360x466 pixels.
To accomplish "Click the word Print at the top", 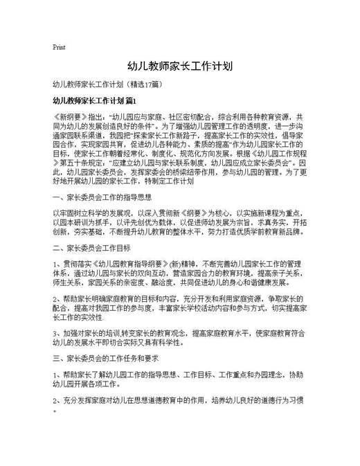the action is point(59,47).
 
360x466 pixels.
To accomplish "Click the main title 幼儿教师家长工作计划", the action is point(179,67).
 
